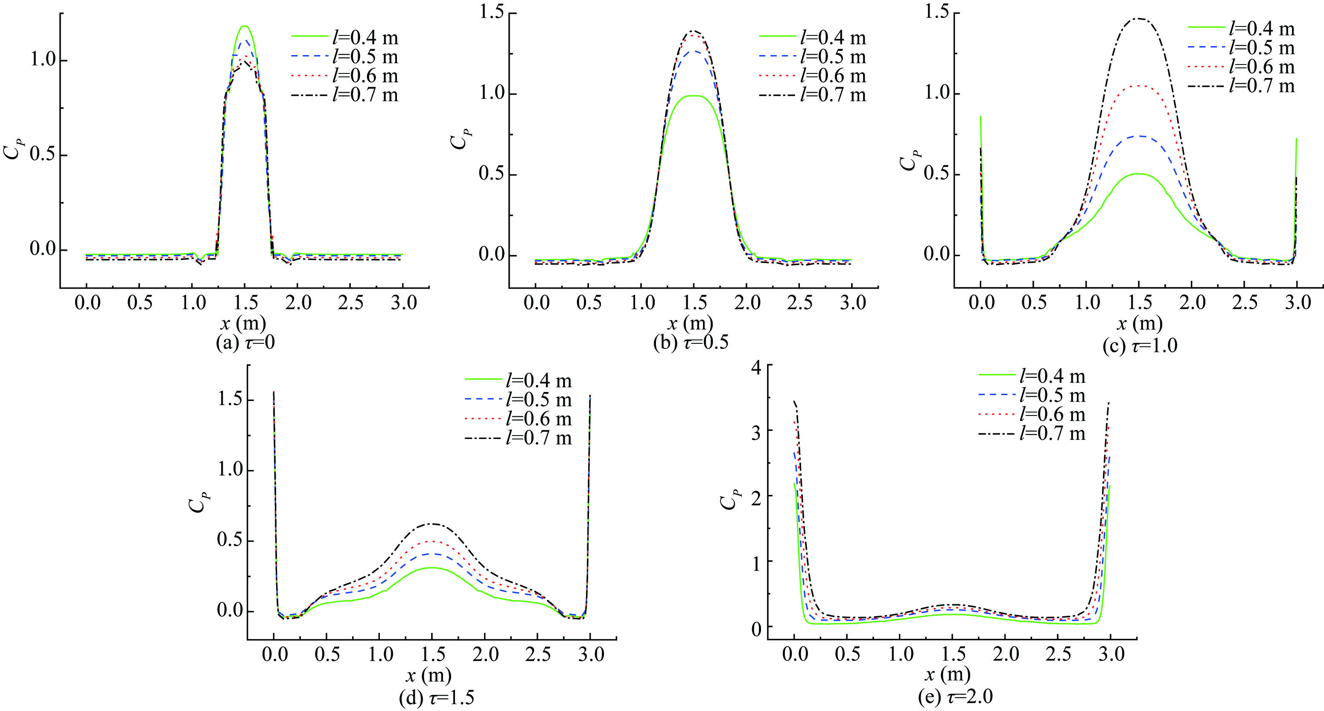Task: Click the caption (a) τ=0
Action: point(245,342)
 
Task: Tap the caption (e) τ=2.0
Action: point(955,696)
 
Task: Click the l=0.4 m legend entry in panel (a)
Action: point(345,38)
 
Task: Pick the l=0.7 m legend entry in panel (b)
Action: point(813,95)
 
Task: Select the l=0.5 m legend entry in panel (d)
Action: point(519,399)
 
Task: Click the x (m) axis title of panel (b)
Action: point(690,323)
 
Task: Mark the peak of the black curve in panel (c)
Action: point(1139,18)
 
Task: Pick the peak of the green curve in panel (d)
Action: point(432,568)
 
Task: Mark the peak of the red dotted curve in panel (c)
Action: point(1139,86)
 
